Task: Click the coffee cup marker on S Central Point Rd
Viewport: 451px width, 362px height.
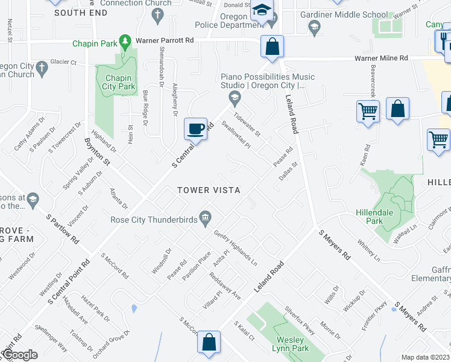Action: [x=195, y=129]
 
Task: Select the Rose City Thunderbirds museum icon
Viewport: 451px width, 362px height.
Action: [x=206, y=217]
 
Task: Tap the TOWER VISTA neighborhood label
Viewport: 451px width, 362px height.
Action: [x=209, y=190]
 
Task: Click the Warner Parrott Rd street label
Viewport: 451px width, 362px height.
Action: [x=165, y=40]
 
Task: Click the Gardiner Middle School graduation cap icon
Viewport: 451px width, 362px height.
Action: [x=314, y=27]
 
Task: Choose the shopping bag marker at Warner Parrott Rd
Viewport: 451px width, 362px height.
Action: [x=273, y=46]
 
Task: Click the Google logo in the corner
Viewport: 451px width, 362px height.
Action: [x=19, y=355]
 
